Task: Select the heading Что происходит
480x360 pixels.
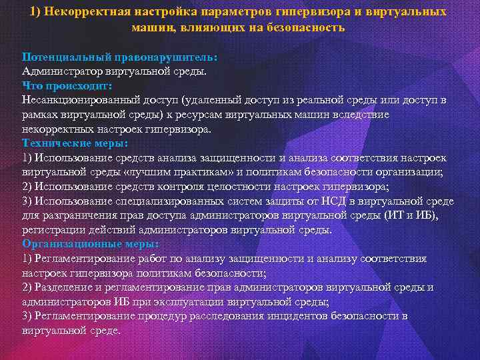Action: (67, 85)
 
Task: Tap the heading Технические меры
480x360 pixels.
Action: (75, 143)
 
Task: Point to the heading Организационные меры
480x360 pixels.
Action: (89, 244)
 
